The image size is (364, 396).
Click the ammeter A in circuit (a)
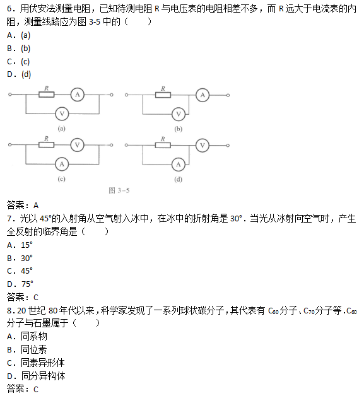78,95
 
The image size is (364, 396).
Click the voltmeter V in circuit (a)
62,114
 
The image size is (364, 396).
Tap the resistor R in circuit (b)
163,95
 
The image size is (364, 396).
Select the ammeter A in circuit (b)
203,95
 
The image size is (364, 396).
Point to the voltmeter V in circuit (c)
78,145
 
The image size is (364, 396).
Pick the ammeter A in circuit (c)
62,164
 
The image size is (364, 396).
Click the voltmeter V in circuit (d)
203,145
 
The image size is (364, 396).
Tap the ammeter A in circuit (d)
179,165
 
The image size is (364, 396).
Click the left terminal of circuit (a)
10,95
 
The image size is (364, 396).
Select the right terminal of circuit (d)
228,146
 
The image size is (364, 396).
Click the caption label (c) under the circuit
61,179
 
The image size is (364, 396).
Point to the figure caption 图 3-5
119,190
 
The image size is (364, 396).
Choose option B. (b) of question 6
19,48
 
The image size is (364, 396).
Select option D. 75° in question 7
20,284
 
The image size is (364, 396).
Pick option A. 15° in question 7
20,245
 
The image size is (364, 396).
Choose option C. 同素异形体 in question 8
35,363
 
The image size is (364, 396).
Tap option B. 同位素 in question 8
26,349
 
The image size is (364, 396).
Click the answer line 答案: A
23,205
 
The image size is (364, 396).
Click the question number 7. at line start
11,218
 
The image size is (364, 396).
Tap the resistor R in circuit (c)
46,144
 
